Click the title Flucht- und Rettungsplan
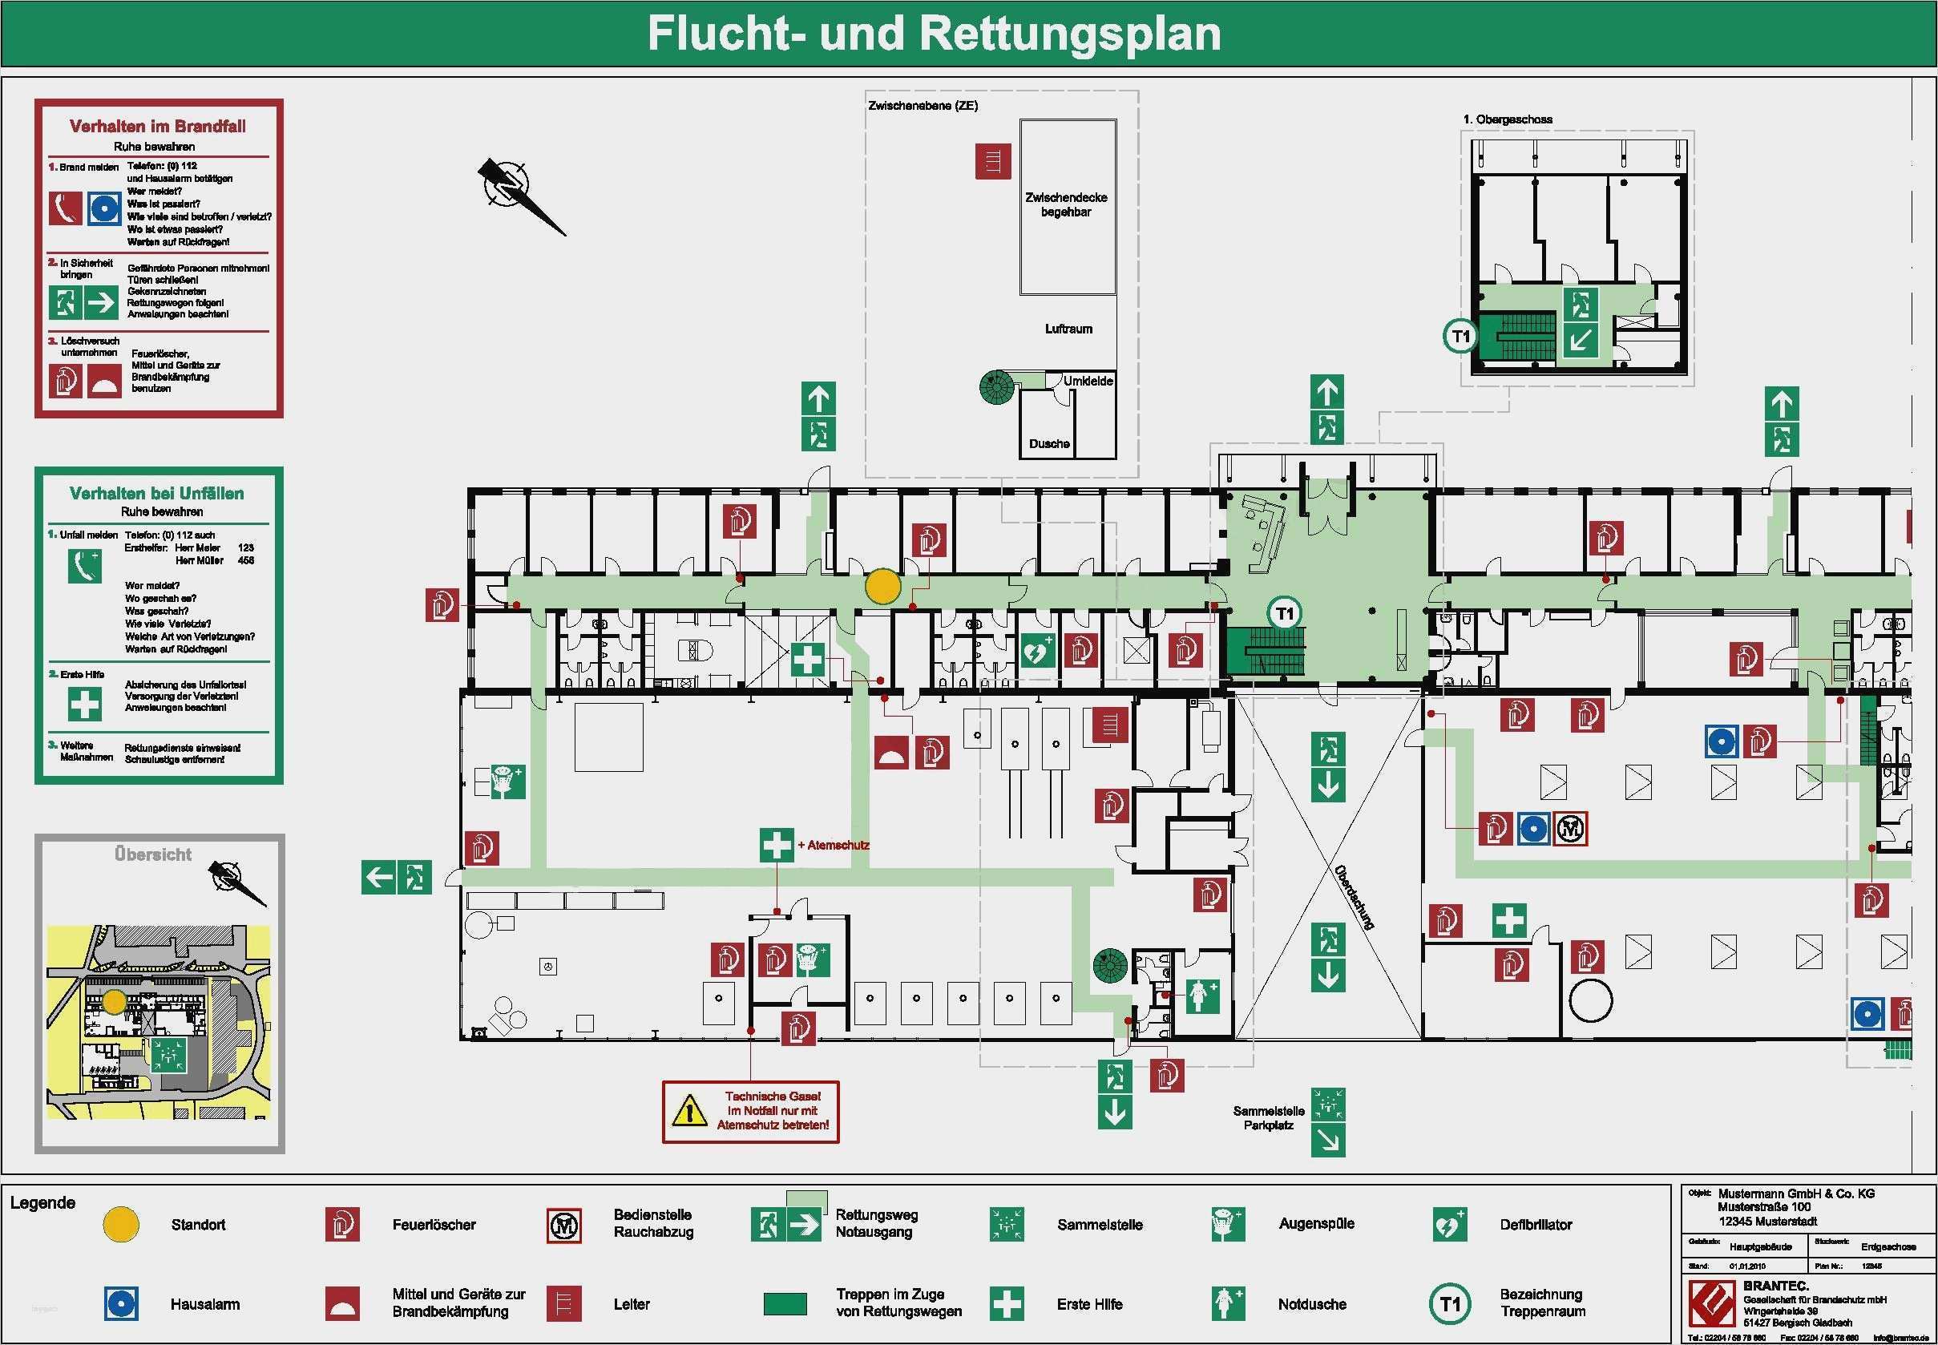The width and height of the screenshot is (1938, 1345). [x=934, y=34]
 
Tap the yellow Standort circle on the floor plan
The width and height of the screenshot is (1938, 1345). [x=883, y=587]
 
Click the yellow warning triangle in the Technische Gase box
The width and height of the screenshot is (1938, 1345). [x=689, y=1111]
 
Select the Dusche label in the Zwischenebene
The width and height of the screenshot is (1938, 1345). [x=1049, y=444]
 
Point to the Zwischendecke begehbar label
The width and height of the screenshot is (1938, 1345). [x=1066, y=204]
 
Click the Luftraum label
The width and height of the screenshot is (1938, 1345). [x=1068, y=329]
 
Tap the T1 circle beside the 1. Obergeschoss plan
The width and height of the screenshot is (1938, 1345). [x=1460, y=337]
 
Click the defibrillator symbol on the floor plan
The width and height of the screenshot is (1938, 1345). [x=1037, y=651]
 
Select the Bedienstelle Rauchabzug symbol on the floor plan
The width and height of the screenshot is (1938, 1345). [x=1570, y=829]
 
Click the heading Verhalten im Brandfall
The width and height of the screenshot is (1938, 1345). [x=158, y=127]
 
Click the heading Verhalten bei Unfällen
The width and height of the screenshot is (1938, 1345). [x=157, y=494]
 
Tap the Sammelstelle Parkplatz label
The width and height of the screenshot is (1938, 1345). [x=1268, y=1117]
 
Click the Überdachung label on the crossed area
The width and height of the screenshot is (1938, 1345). [x=1354, y=897]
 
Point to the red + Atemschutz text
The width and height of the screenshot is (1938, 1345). [x=834, y=844]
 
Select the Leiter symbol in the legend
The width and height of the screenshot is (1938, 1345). [x=563, y=1303]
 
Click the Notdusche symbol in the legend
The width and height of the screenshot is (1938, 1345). [x=1228, y=1303]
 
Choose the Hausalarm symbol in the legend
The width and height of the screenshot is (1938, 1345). [x=121, y=1303]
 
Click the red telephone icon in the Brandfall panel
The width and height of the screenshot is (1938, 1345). [x=65, y=208]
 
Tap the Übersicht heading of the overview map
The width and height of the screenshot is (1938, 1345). [x=153, y=854]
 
